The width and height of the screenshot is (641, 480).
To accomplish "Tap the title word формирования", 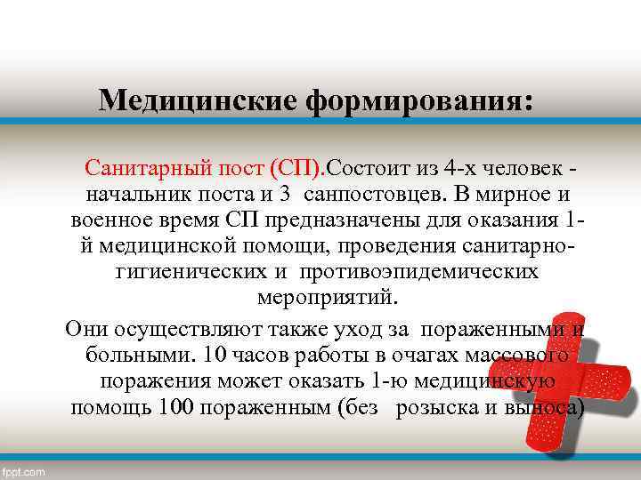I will pyautogui.click(x=420, y=100).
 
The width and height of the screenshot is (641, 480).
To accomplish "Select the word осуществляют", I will pyautogui.click(x=178, y=330).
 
